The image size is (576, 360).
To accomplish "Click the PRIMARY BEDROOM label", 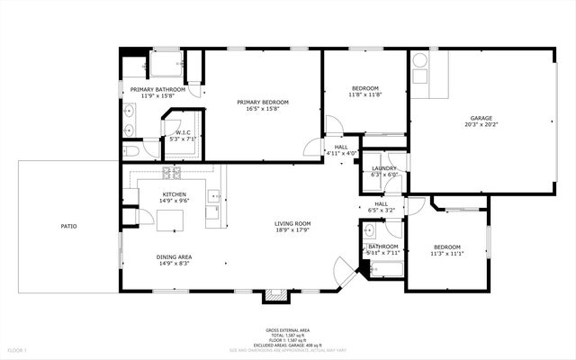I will [x=263, y=103].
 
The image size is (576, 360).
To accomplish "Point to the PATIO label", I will [x=68, y=226].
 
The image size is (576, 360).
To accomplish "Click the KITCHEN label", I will [x=174, y=194].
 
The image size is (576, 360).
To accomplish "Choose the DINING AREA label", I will [x=174, y=256].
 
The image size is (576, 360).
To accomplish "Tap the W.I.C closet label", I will [x=183, y=132].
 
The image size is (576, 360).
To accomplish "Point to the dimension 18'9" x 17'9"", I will [x=292, y=230].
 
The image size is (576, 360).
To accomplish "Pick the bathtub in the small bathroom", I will [x=385, y=269].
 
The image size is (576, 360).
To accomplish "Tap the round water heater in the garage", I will [x=420, y=62].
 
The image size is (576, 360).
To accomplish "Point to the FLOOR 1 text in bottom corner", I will [x=17, y=349].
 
